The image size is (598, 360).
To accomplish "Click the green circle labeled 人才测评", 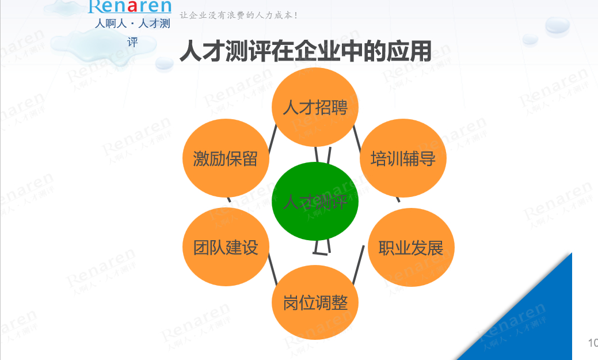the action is [315, 201].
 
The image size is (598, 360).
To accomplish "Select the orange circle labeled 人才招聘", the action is [315, 107].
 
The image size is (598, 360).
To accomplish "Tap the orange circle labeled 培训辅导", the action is [403, 158].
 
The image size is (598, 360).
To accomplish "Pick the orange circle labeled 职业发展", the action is [411, 247].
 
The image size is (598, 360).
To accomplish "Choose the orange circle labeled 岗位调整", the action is [315, 302].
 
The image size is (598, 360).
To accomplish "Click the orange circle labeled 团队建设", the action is [226, 247].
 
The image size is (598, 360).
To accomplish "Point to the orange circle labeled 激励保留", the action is [226, 158].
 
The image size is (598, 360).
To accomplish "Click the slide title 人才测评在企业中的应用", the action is [306, 51].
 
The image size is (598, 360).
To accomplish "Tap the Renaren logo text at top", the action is [129, 6].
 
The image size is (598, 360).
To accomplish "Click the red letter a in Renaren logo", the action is [132, 6].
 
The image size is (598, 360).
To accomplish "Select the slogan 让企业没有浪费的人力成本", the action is [238, 16].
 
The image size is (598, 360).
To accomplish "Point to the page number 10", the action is [593, 343].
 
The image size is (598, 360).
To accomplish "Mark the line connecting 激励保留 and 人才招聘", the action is [272, 139].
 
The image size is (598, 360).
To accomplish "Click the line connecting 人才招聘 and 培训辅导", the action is [357, 139].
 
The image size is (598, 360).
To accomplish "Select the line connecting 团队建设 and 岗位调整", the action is [273, 270].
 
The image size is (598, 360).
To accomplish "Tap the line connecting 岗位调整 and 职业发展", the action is [359, 264].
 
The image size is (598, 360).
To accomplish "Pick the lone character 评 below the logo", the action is [132, 42].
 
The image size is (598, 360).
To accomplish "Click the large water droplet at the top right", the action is [557, 26].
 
